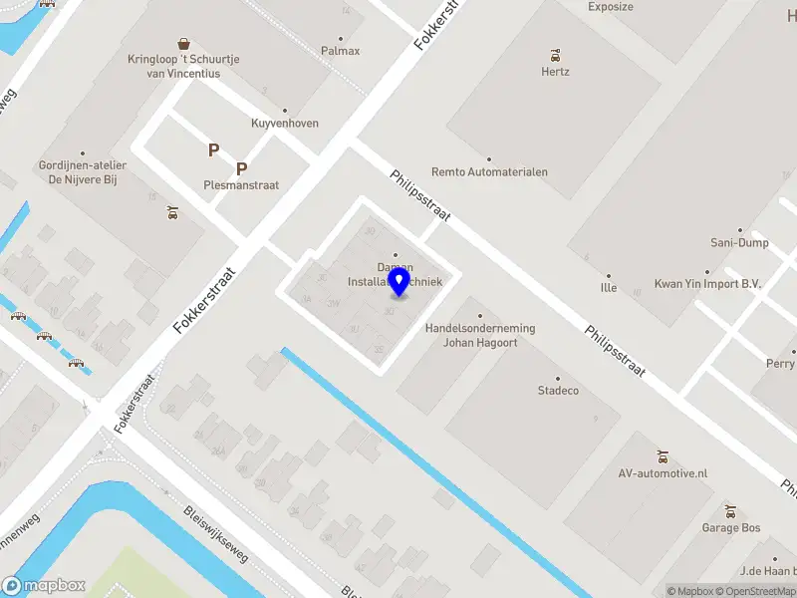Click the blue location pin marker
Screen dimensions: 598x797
399,281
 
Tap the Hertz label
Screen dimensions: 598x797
555,72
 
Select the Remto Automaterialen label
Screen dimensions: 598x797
488,171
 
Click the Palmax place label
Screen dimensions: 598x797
340,51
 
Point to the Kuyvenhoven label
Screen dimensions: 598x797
285,124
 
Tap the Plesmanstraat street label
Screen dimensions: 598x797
241,185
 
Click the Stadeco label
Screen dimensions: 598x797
558,390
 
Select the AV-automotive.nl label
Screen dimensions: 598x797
664,472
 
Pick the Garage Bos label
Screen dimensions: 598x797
730,527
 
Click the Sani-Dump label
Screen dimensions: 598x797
739,242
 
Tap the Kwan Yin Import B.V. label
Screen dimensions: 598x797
707,284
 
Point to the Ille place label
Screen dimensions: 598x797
609,288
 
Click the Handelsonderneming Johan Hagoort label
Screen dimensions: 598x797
479,335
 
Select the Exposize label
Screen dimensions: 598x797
610,7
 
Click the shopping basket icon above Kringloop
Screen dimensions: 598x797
183,43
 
